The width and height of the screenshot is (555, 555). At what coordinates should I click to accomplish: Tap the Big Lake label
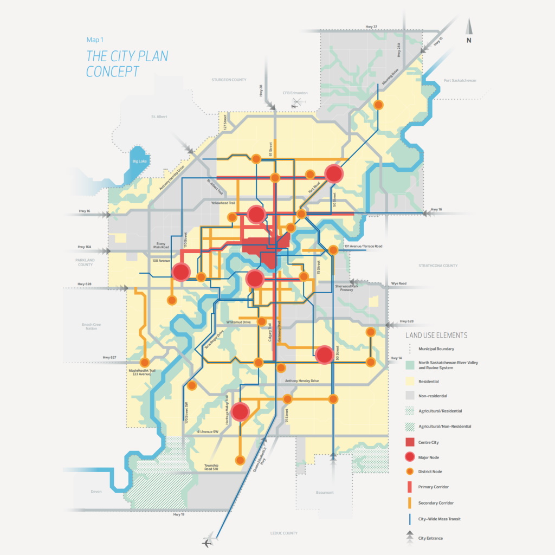tap(140, 161)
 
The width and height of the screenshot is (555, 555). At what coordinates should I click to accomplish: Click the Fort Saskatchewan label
tap(459, 80)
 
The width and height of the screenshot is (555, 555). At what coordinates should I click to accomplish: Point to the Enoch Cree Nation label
tap(92, 326)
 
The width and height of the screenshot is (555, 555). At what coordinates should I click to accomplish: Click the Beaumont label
tap(325, 492)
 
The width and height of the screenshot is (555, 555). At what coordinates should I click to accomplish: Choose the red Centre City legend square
tap(410, 442)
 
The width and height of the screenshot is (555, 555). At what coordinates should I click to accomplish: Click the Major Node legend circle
tap(410, 456)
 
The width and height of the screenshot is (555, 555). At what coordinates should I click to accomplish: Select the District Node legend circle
tap(410, 472)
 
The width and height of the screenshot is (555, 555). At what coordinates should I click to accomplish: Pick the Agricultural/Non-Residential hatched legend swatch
tap(410, 427)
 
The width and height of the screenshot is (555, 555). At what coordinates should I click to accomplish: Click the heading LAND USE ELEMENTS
tap(436, 335)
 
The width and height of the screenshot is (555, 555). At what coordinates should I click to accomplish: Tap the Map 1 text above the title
tap(95, 40)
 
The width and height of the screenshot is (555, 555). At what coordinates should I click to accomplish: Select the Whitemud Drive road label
tap(239, 322)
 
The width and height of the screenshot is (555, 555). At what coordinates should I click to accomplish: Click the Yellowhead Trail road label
tap(223, 203)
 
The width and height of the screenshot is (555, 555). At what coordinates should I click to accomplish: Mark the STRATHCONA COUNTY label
tap(438, 266)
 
